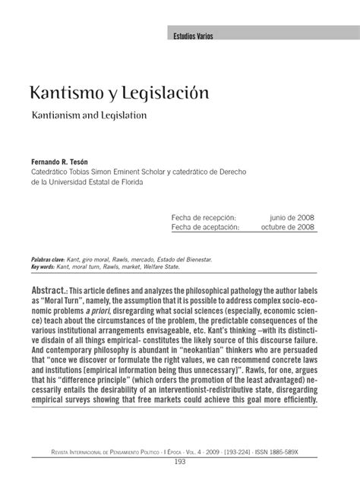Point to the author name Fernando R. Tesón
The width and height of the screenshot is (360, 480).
pyautogui.click(x=64, y=161)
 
